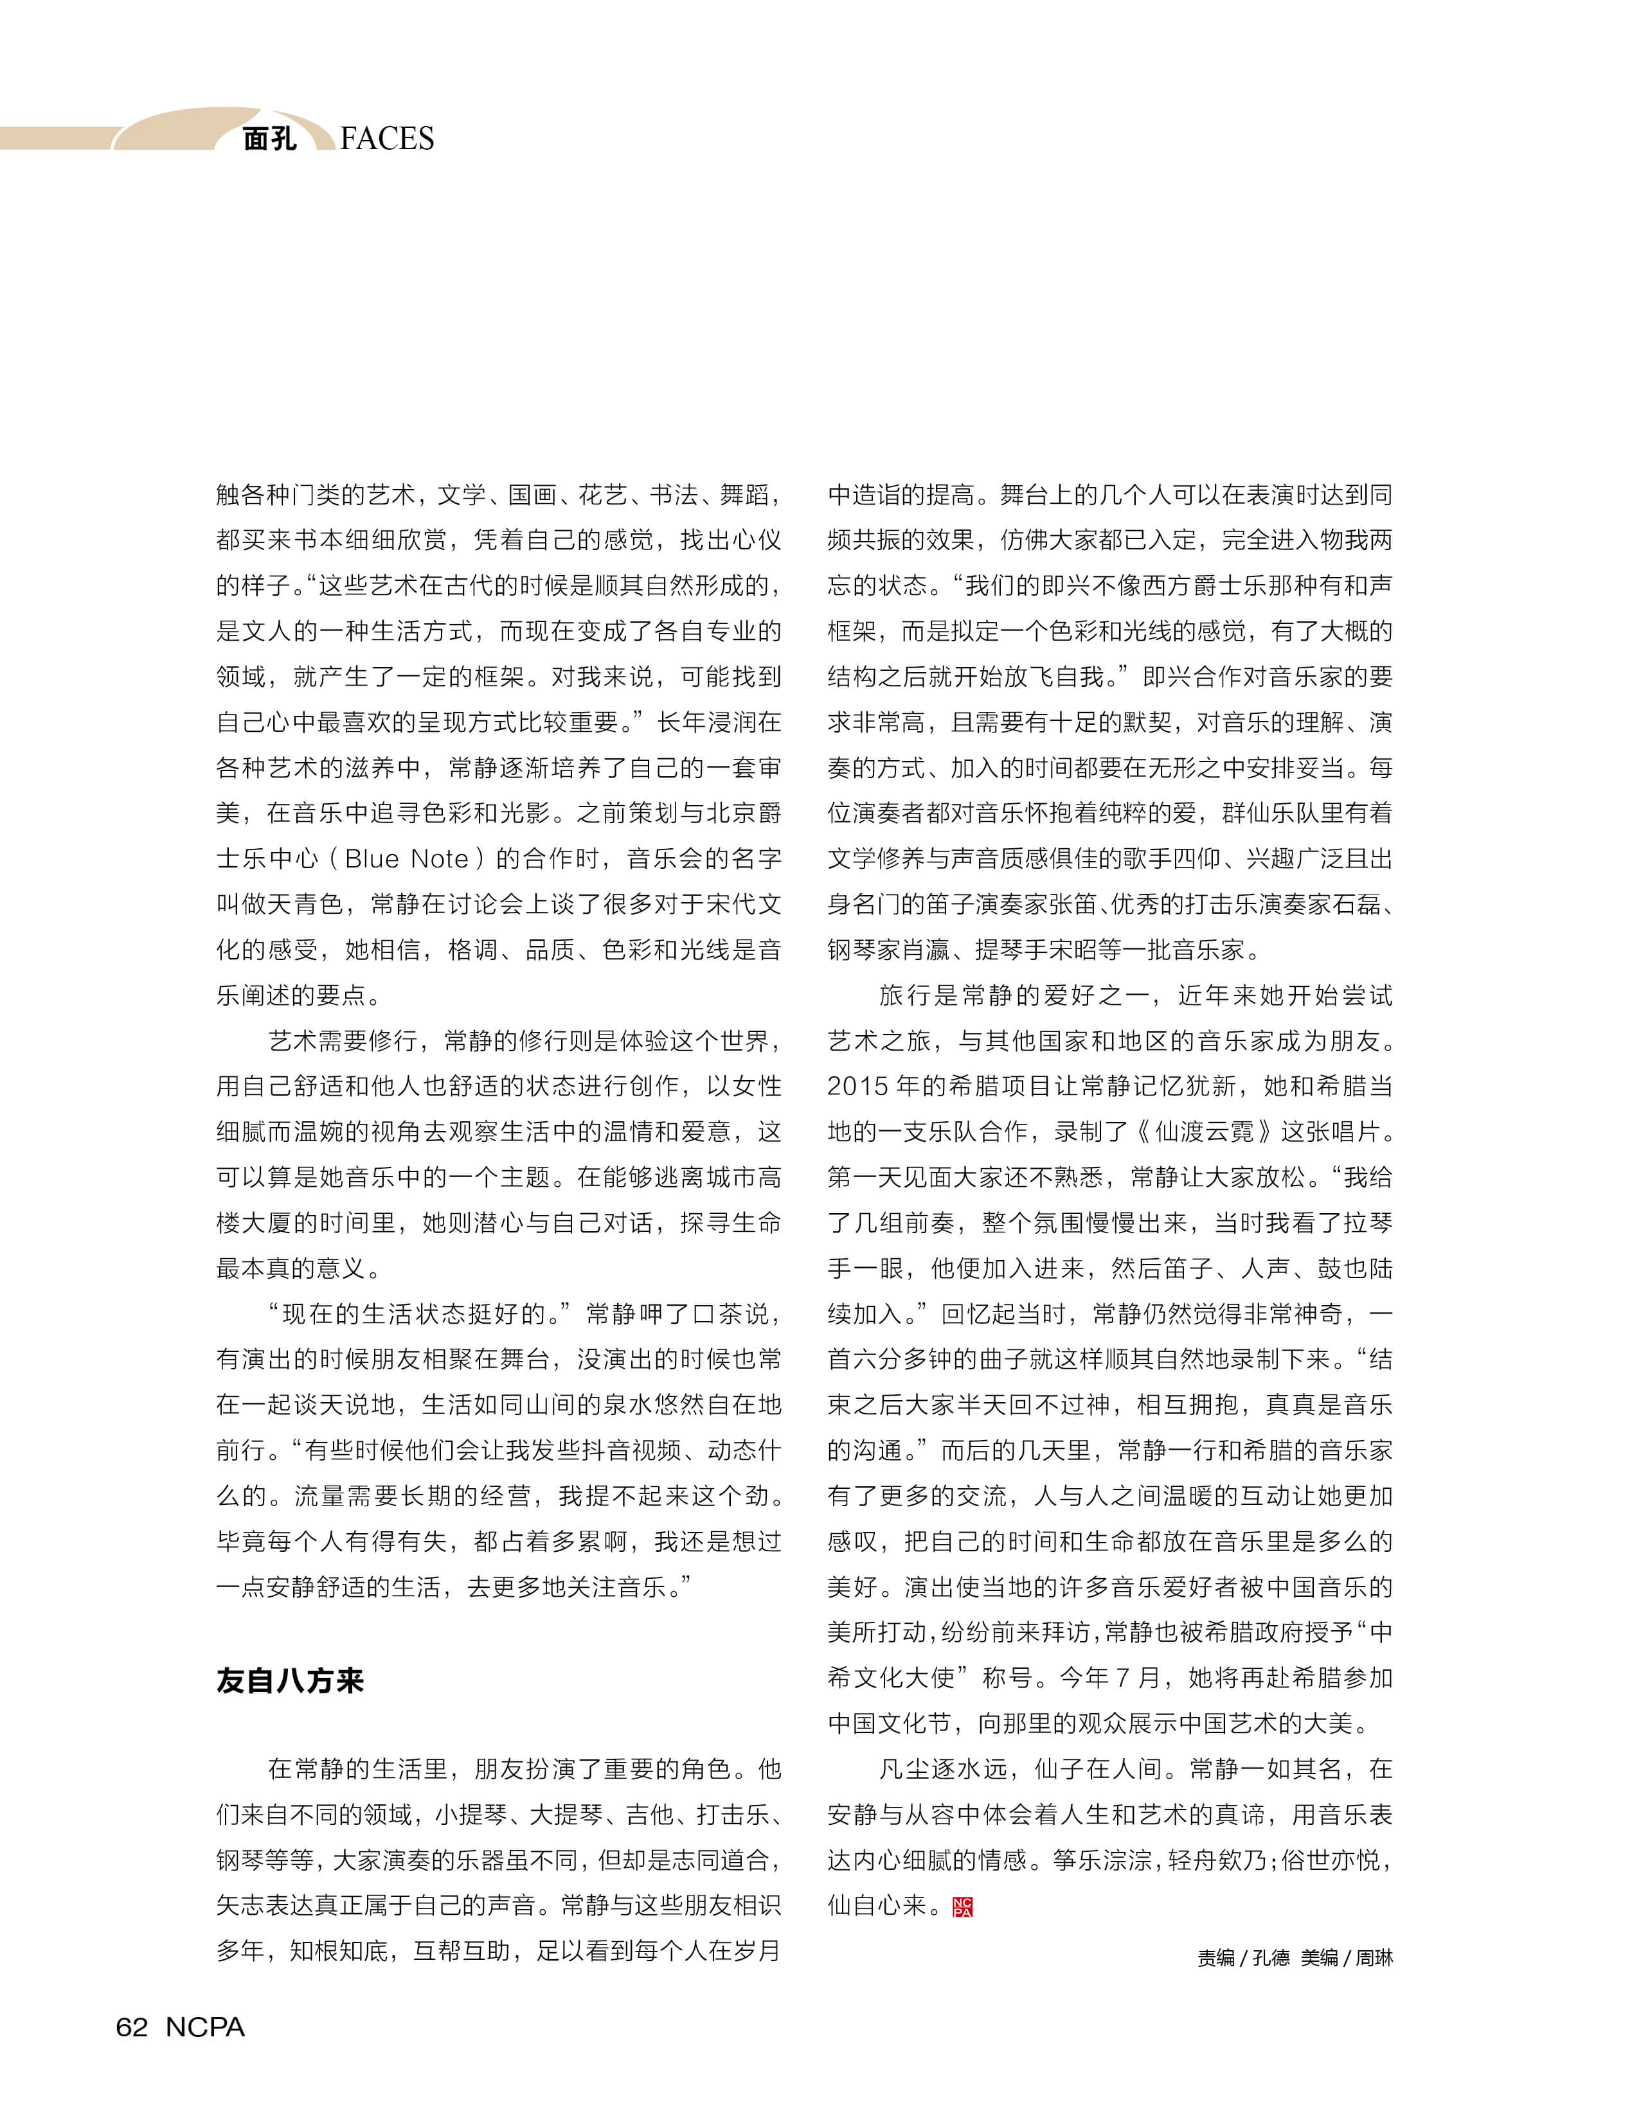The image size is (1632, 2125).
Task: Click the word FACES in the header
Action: [x=387, y=139]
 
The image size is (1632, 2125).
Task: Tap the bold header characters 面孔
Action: [x=269, y=139]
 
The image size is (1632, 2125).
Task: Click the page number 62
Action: [x=132, y=2027]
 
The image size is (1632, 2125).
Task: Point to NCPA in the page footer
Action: [x=205, y=2027]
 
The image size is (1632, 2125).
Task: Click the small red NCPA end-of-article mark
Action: [x=963, y=1907]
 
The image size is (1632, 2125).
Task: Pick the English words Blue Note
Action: [x=406, y=858]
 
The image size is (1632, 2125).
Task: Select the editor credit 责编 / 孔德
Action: [x=1242, y=1958]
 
